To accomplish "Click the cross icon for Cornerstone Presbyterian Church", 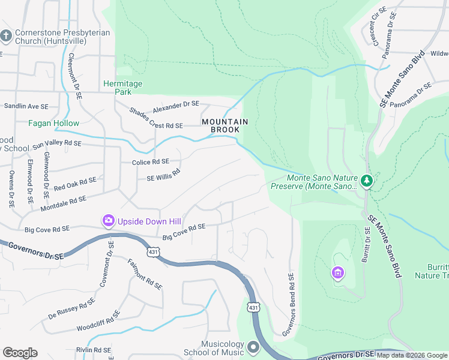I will pos(6,36).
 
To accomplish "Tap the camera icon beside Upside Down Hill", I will pos(109,221).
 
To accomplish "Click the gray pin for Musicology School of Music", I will pos(253,347).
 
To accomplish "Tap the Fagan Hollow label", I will pos(53,123).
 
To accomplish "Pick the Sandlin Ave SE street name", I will pos(26,106).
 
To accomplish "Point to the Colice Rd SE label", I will pos(150,162).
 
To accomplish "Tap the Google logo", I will pos(20,353).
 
